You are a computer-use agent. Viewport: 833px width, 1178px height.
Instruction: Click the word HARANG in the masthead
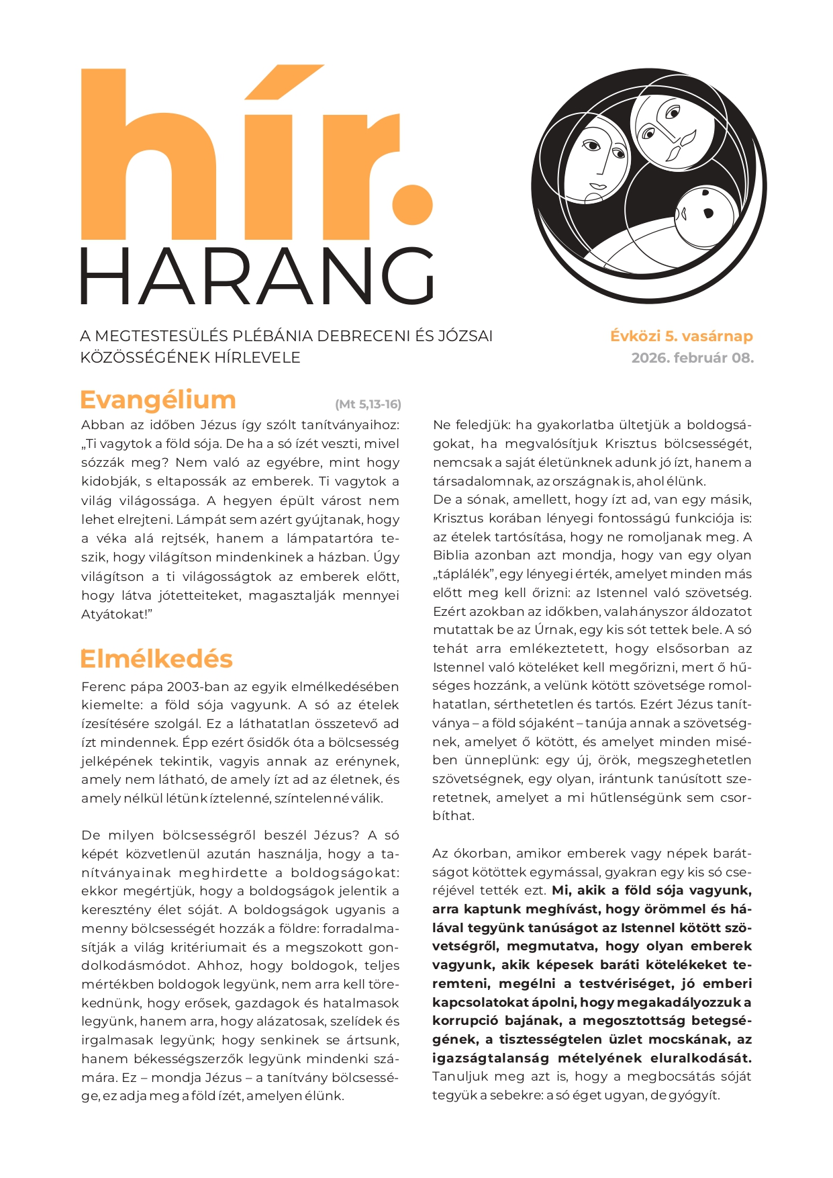(x=257, y=277)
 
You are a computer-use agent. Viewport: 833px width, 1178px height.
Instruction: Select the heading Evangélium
(x=158, y=400)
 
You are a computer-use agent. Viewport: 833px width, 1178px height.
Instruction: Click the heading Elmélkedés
(x=156, y=659)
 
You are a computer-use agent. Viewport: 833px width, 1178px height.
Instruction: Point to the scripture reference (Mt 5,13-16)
(x=368, y=404)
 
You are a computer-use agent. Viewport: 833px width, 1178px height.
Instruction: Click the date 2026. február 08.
(x=692, y=358)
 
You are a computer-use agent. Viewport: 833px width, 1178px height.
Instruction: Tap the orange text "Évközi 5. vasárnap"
(x=681, y=336)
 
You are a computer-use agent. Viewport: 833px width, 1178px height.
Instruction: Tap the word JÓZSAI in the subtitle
(x=463, y=336)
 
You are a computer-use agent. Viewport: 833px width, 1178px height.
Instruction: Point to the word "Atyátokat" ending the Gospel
(x=114, y=615)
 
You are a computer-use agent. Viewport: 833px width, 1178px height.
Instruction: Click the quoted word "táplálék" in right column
(x=463, y=574)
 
